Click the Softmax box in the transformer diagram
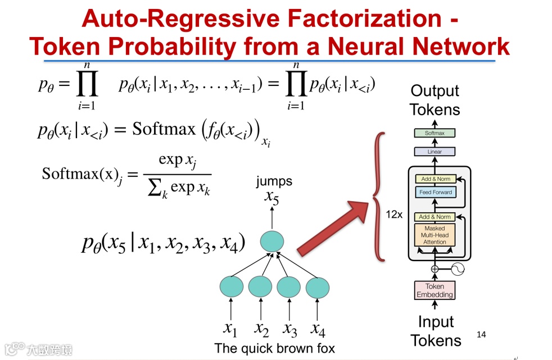[x=435, y=133]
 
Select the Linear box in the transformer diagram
[x=435, y=152]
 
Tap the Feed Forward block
[x=435, y=192]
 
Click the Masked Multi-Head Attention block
[x=435, y=235]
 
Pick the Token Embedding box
[x=435, y=290]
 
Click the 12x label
[x=393, y=215]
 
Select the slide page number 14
[x=481, y=335]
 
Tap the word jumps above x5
[x=274, y=181]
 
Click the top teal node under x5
[x=273, y=241]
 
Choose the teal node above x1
[x=232, y=286]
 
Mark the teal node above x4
[x=317, y=286]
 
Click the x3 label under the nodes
[x=290, y=328]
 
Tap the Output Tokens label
[x=435, y=100]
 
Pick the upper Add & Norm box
[x=435, y=179]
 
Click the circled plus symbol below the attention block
[x=435, y=269]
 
